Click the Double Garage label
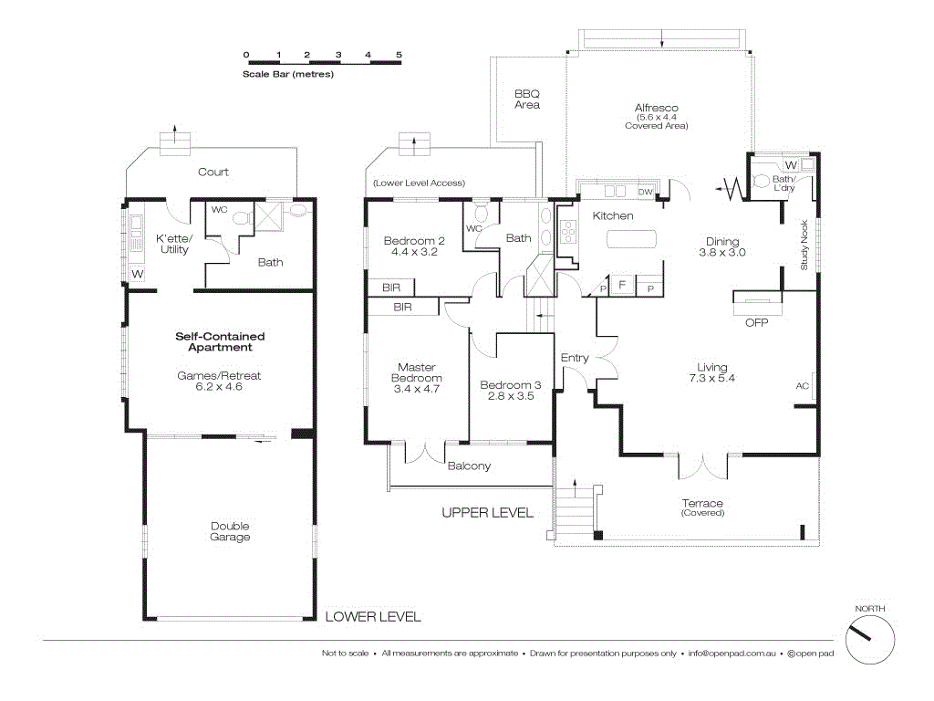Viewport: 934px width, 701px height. pos(230,531)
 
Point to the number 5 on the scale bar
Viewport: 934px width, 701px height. pos(400,55)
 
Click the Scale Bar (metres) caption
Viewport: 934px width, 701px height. pos(287,74)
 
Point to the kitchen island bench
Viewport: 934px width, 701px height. pos(631,239)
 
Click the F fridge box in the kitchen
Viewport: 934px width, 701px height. pos(622,286)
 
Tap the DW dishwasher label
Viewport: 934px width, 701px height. pos(645,192)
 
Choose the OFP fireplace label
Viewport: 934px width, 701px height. pos(756,322)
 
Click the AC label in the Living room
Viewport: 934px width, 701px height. pos(802,386)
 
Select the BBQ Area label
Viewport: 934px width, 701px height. pos(526,99)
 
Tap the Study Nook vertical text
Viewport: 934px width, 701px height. pos(804,246)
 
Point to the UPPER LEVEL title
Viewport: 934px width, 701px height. pos(487,513)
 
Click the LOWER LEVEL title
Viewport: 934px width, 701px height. pos(373,617)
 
